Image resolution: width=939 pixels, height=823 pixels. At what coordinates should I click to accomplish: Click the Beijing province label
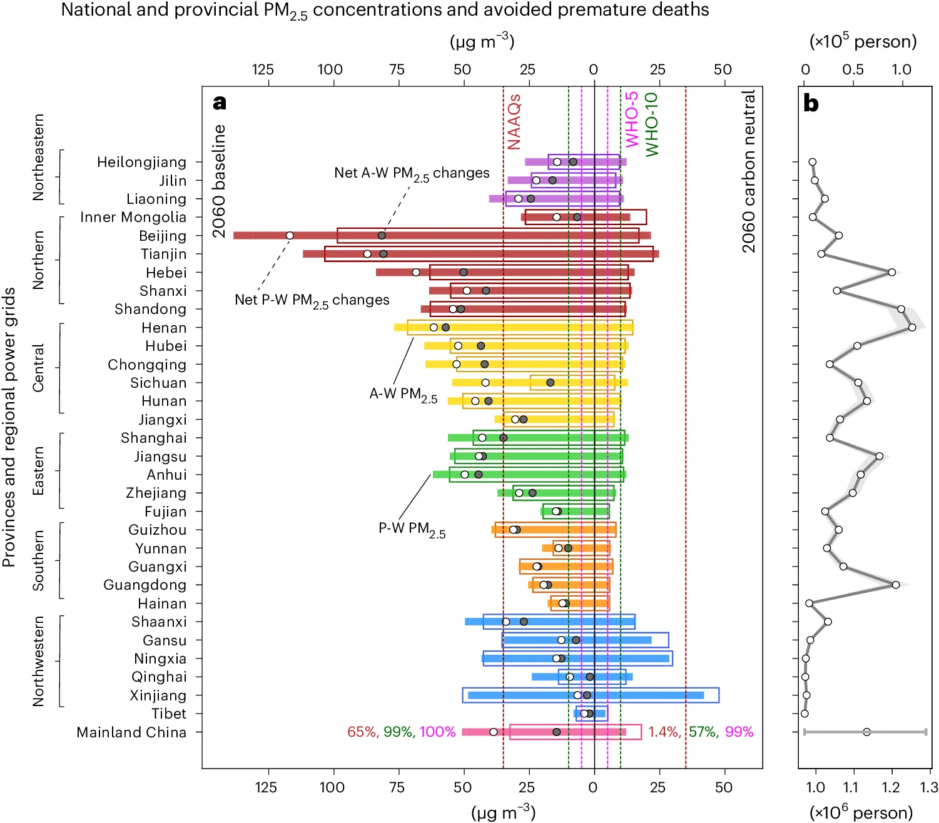point(163,236)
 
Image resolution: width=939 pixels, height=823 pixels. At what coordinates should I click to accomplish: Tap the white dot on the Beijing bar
point(290,236)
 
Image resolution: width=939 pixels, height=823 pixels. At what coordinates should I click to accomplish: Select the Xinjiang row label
point(158,695)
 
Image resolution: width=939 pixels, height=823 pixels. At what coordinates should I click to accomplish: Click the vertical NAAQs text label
point(514,122)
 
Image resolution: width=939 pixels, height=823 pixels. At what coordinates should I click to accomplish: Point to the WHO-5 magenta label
point(632,119)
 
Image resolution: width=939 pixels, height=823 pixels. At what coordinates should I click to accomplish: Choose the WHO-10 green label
point(651,124)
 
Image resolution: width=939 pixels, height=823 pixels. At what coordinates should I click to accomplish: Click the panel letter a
point(220,103)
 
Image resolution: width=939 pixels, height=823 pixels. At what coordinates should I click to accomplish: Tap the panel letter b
point(811,104)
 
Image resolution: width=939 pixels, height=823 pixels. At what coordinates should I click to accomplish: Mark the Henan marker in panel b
point(912,328)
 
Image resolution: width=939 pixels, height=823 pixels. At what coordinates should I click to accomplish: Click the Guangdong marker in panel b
point(896,585)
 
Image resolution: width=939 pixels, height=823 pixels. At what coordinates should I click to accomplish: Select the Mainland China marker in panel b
point(866,732)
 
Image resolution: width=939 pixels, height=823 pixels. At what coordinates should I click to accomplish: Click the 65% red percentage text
point(362,732)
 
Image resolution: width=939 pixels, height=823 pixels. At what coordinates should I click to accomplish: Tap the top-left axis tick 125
point(263,69)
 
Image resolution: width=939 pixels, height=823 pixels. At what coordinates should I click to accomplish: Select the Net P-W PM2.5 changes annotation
point(312,301)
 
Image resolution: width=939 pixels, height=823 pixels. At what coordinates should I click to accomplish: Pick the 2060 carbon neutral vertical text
point(749,171)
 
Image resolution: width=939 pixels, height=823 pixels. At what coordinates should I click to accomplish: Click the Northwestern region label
point(39,661)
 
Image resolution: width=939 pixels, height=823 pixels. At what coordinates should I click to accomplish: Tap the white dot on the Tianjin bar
point(367,254)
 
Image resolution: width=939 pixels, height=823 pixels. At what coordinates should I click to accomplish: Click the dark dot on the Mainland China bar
point(557,732)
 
